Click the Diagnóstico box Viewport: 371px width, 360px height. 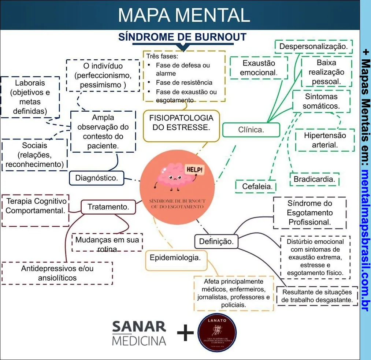tap(97, 178)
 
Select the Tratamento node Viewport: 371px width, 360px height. tap(108, 207)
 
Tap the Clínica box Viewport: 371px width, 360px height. tap(251, 130)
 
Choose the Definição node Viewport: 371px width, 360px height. tap(216, 242)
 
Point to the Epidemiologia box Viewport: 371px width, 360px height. tap(175, 258)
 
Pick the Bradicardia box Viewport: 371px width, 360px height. tap(314, 179)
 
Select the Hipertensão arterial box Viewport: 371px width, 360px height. tap(325, 140)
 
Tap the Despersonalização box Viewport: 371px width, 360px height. tap(314, 47)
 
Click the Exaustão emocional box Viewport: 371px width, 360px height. tap(259, 68)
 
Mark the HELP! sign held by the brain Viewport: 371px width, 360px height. tap(194, 170)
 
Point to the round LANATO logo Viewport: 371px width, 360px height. tap(217, 333)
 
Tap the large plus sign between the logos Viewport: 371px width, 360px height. tap(185, 333)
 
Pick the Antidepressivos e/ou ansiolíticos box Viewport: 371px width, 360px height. tap(57, 273)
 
